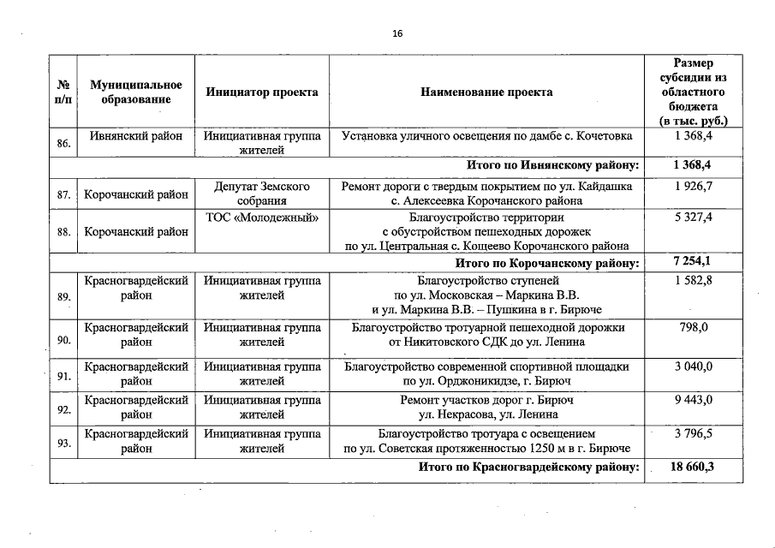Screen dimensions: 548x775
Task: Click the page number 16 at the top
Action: [396, 33]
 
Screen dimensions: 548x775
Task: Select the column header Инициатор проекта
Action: [262, 92]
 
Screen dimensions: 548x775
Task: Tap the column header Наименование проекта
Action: [486, 92]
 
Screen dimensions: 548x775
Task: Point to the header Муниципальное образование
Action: [136, 92]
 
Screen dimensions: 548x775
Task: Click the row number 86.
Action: [63, 143]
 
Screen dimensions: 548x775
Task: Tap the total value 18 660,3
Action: [693, 467]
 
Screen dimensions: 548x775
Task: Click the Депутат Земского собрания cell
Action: [262, 194]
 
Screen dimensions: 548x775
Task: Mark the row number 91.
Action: [63, 375]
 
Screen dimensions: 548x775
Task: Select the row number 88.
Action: [63, 231]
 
